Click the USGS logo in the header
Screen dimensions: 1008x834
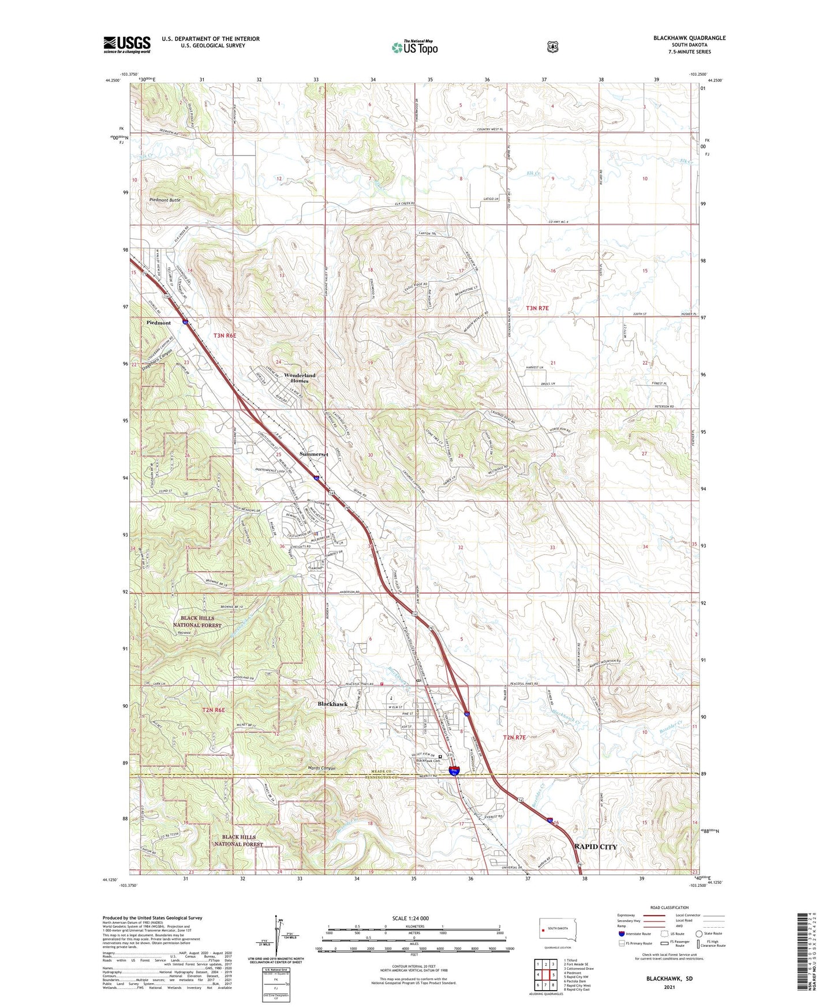click(x=127, y=44)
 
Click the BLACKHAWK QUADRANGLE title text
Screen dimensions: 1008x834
click(x=689, y=38)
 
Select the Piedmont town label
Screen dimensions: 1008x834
click(x=158, y=323)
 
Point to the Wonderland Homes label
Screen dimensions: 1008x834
click(x=300, y=378)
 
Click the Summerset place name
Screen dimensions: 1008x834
click(x=313, y=454)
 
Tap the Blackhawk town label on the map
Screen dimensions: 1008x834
click(x=332, y=704)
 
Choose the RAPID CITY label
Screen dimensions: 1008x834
click(x=596, y=847)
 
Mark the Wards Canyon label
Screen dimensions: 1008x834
click(x=317, y=768)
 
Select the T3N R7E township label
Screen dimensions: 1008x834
click(x=537, y=309)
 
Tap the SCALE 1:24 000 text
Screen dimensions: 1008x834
click(x=410, y=919)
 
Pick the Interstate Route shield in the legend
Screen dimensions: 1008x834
click(x=621, y=934)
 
